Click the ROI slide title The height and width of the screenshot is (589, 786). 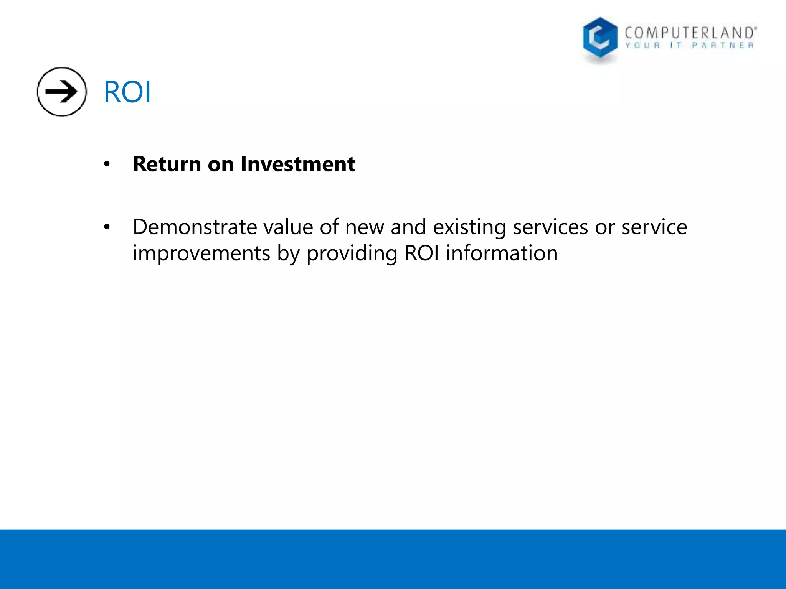(x=127, y=92)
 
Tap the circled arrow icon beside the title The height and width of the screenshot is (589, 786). (x=62, y=92)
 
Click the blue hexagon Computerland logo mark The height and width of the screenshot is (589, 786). (x=600, y=38)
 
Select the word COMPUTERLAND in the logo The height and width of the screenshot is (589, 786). (x=690, y=33)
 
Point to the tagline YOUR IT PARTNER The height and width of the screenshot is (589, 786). (x=689, y=46)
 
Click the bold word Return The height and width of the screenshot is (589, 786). (x=167, y=164)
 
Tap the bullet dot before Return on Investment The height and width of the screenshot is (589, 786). (x=107, y=165)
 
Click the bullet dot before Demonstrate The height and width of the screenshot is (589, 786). (x=107, y=227)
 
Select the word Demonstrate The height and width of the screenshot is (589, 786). (x=195, y=227)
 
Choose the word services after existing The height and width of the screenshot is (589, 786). (x=550, y=227)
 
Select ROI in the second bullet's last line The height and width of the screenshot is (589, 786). (x=421, y=253)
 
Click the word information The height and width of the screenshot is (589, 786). (x=502, y=253)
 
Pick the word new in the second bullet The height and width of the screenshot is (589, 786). (x=364, y=227)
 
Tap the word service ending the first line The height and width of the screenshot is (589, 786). (x=654, y=227)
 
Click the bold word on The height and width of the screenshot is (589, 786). (x=221, y=164)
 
